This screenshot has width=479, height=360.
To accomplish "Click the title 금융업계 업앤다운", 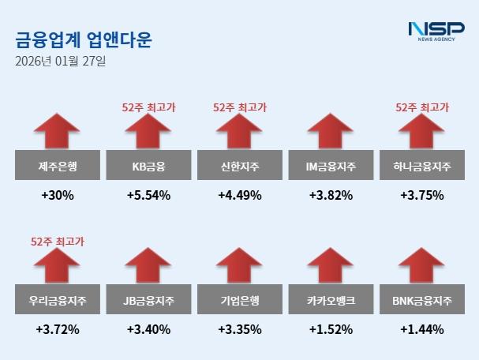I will click(x=84, y=39).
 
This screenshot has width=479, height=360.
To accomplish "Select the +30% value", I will click(x=57, y=195).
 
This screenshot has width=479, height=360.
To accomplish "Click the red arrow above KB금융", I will click(x=148, y=133).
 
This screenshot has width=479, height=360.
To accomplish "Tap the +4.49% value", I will click(x=240, y=195).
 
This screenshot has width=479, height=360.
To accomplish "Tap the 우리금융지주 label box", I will click(x=57, y=301).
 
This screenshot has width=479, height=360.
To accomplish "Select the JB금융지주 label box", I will click(x=148, y=301).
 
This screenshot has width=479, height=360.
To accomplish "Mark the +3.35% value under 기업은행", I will click(x=240, y=328).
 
